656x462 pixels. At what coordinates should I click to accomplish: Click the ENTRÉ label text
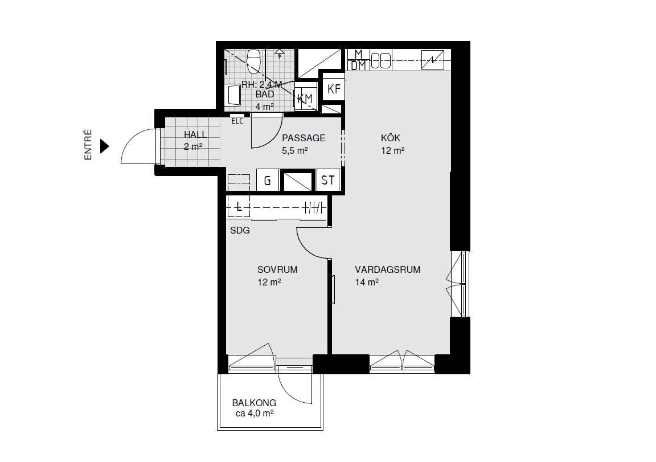(x=88, y=145)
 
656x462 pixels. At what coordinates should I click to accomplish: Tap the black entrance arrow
(x=105, y=146)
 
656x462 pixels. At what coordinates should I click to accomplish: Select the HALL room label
(x=195, y=135)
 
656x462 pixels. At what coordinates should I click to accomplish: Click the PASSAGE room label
(x=304, y=138)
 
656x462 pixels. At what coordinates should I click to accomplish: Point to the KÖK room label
(x=390, y=138)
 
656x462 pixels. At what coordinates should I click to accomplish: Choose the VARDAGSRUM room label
(x=387, y=269)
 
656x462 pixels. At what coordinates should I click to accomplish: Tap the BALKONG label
(x=254, y=403)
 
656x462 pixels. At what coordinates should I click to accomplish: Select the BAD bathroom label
(x=264, y=94)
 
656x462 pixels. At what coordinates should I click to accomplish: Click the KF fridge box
(x=334, y=89)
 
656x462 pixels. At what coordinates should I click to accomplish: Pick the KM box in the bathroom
(x=305, y=99)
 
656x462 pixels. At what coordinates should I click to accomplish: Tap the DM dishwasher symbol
(x=359, y=66)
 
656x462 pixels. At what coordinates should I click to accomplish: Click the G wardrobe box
(x=267, y=181)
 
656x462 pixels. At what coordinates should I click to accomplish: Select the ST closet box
(x=328, y=180)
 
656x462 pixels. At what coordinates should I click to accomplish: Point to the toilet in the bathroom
(x=253, y=61)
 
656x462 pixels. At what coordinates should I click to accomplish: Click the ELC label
(x=237, y=121)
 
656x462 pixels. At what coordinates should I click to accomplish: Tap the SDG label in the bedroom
(x=240, y=230)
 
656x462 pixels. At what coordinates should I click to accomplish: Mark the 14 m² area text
(x=367, y=282)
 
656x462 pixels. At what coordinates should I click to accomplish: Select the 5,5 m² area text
(x=294, y=150)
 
